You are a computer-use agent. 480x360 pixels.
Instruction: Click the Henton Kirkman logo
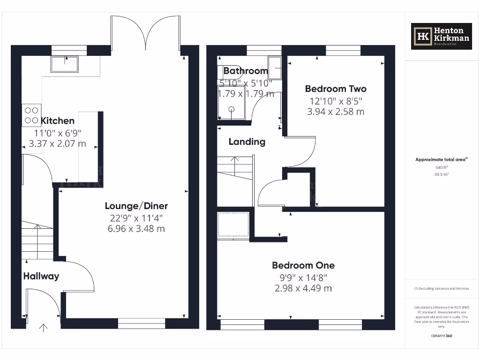tap(441, 37)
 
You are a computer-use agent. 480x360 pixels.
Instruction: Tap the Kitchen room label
tap(57, 121)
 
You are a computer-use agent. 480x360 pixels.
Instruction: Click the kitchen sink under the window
tap(65, 64)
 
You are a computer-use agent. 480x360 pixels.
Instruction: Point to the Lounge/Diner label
tap(136, 206)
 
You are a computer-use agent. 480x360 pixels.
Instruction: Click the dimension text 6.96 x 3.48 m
tap(136, 229)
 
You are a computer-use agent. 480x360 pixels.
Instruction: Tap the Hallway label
tap(41, 276)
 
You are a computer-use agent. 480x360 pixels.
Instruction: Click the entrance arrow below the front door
tap(44, 328)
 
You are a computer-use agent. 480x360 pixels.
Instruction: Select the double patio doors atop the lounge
tap(146, 33)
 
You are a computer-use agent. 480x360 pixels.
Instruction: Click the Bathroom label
tap(245, 71)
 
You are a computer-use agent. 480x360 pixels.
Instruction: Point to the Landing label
tap(247, 142)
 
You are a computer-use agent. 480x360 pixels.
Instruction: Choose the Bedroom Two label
tap(336, 89)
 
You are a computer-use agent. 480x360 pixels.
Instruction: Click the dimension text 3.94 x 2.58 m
tap(336, 112)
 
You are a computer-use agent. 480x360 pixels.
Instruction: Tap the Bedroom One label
tap(303, 265)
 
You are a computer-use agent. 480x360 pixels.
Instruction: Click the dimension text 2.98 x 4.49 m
tap(303, 288)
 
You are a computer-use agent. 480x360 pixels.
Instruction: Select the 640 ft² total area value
tap(441, 167)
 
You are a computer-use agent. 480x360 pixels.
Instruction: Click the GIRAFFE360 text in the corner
tap(441, 336)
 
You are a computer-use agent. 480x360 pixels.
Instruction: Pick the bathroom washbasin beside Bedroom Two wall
tap(275, 68)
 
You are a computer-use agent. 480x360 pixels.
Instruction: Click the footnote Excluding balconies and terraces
tap(441, 288)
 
